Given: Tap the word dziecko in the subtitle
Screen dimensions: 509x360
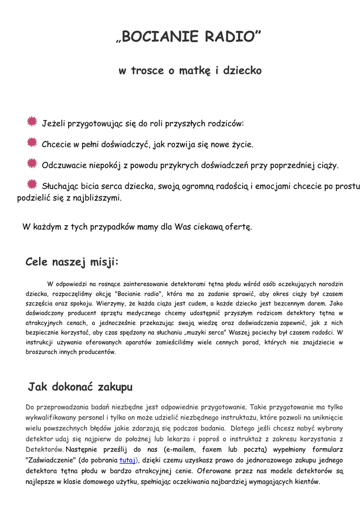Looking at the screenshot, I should click(x=242, y=71).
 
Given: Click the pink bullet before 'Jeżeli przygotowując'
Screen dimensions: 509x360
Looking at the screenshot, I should click(x=32, y=121).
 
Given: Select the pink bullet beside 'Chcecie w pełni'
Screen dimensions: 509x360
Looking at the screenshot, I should click(x=32, y=143).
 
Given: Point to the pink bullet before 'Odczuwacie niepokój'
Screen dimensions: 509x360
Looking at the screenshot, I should click(x=32, y=164).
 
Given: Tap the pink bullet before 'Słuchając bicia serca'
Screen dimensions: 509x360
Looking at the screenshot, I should click(x=32, y=184).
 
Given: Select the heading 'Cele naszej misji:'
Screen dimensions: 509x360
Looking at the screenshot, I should click(x=72, y=262).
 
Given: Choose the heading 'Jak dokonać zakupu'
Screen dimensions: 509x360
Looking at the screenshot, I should click(x=80, y=387).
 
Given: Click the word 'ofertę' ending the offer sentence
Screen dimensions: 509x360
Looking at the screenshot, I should click(x=239, y=227).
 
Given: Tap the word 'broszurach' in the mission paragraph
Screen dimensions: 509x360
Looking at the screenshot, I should click(x=43, y=352).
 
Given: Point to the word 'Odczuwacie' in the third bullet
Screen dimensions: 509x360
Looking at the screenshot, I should click(x=64, y=166).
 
